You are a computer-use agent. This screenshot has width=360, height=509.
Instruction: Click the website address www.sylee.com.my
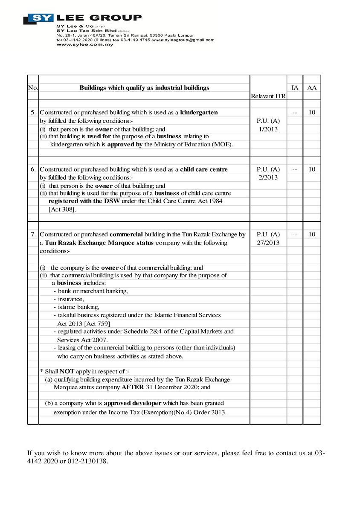[85, 45]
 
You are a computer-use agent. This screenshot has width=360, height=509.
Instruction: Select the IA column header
[295, 87]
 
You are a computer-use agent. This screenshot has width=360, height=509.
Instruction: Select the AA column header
[312, 87]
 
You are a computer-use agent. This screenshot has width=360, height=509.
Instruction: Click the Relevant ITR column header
[268, 96]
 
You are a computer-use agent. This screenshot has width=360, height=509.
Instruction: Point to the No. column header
[33, 87]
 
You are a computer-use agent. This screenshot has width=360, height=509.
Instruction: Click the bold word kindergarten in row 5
[199, 112]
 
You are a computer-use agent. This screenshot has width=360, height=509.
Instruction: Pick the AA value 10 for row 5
[312, 112]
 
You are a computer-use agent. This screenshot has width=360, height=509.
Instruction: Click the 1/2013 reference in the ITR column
[268, 129]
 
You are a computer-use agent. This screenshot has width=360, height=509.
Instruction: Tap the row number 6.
[33, 169]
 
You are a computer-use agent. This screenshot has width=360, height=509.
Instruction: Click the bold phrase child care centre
[204, 169]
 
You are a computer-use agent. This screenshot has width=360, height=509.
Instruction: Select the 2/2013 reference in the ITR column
[268, 177]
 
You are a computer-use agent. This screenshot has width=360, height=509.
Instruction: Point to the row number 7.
[33, 234]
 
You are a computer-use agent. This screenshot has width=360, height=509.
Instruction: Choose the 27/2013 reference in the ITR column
[268, 242]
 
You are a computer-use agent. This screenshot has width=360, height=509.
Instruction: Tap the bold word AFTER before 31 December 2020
[133, 387]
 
